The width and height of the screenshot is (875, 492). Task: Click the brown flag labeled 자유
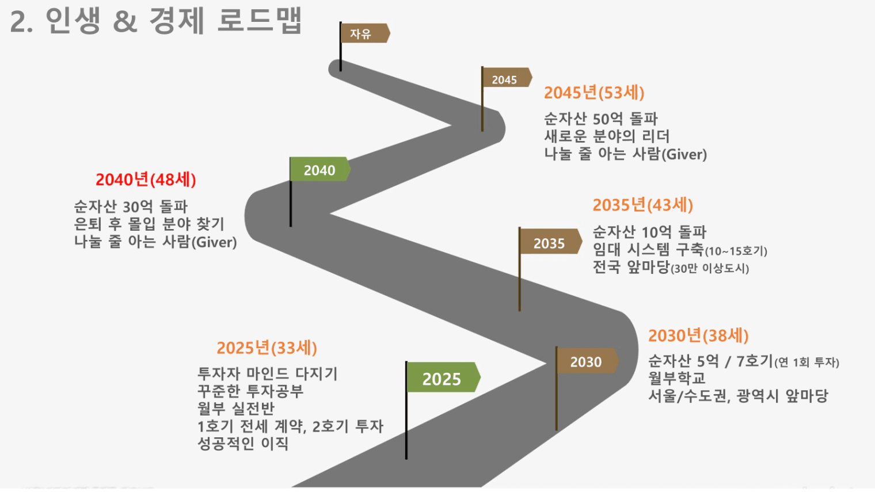(x=365, y=33)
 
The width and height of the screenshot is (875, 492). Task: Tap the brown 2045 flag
(x=507, y=78)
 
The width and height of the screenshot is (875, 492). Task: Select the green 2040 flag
(x=319, y=169)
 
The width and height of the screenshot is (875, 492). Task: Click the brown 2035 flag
(x=550, y=242)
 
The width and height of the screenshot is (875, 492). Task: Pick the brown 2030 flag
(x=587, y=361)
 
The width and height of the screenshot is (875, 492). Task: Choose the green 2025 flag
(x=443, y=377)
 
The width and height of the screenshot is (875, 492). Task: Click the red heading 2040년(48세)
(x=146, y=180)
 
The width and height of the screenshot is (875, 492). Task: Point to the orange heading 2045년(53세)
(x=594, y=93)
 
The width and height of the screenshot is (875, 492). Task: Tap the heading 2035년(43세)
(x=642, y=205)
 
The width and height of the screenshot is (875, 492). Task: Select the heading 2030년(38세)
(x=698, y=335)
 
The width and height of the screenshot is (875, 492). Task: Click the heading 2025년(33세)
(x=267, y=348)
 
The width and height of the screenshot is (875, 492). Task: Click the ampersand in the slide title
(x=125, y=22)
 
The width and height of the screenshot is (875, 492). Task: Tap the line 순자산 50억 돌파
(x=601, y=119)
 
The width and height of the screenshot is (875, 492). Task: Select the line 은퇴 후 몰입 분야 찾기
(x=149, y=224)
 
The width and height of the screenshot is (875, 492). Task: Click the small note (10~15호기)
(x=736, y=251)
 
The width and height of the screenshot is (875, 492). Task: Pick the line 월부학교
(x=677, y=378)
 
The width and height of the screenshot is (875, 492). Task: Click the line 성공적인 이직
(x=243, y=444)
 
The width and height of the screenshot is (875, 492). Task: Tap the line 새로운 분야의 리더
(x=607, y=136)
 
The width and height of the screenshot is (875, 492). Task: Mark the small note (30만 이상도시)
(x=710, y=269)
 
